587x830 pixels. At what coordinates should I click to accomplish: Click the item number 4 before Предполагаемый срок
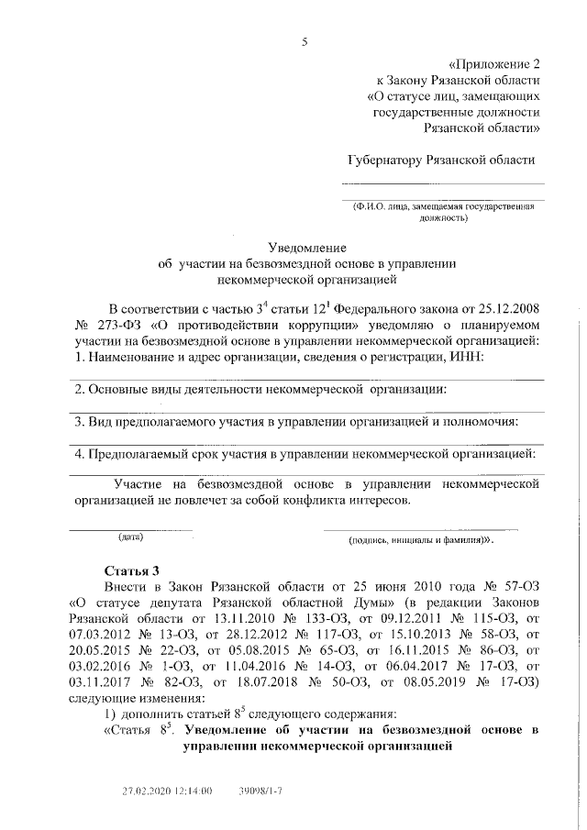coord(79,454)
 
